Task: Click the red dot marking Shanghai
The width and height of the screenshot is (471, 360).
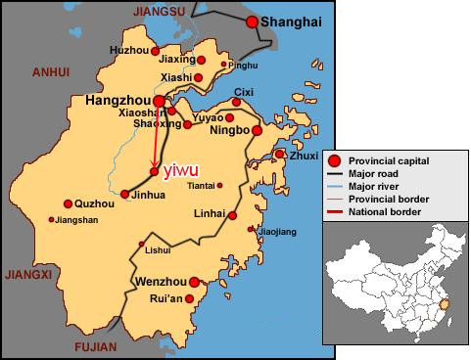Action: [x=253, y=22]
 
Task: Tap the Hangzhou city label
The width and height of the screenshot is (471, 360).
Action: [x=117, y=100]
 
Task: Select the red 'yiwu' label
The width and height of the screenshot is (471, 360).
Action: [x=178, y=172]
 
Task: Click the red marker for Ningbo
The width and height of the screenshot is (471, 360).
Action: [x=257, y=130]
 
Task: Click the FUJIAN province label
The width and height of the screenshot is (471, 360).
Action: [x=95, y=347]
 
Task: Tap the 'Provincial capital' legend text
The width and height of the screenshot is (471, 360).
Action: [x=395, y=159]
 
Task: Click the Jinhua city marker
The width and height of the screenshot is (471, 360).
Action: [x=124, y=194]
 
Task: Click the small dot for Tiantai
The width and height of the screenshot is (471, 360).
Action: [x=219, y=185]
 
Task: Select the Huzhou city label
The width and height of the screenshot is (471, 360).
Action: [x=128, y=49]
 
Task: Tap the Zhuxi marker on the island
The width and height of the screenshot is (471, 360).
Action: [x=278, y=155]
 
